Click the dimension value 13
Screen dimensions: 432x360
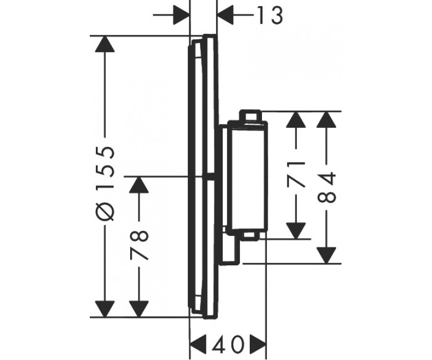269,16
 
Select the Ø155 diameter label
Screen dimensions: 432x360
105,183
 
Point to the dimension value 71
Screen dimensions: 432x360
296,175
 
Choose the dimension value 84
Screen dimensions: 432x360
327,187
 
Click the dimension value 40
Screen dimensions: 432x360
228,344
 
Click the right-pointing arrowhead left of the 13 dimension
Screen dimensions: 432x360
182,15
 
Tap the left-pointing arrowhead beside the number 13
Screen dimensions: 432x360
225,15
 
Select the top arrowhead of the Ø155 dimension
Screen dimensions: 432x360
105,44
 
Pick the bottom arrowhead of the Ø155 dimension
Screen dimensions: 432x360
105,309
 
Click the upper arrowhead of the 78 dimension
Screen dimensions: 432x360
139,184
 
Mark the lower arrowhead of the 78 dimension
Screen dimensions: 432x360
139,309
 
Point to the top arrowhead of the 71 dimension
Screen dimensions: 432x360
296,120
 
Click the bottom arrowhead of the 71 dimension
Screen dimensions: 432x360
296,231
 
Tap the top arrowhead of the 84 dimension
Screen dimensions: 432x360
326,120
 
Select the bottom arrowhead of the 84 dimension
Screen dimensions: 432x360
326,256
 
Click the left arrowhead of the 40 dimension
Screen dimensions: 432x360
198,343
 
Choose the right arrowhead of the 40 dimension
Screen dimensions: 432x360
258,343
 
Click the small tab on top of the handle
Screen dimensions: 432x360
250,115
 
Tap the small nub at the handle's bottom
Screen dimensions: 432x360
250,236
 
